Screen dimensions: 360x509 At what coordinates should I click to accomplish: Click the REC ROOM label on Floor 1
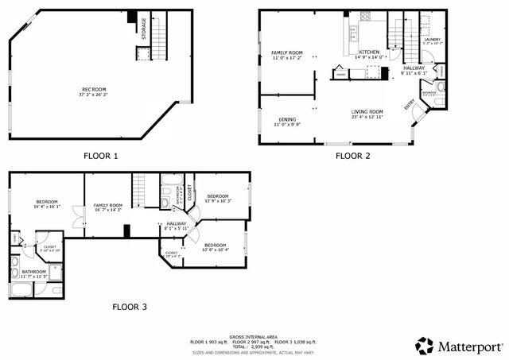point(94,89)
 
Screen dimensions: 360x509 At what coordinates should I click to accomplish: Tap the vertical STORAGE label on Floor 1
point(144,29)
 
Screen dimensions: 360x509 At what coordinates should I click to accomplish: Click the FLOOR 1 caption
point(100,156)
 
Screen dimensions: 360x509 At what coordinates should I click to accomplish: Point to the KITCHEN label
point(370,52)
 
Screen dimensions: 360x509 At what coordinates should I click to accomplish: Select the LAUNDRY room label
point(433,39)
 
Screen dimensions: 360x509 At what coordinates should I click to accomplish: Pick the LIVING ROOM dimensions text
point(367,117)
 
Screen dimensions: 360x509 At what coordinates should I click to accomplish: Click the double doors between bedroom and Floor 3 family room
point(76,215)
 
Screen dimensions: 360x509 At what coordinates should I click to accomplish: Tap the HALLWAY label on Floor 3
point(177,224)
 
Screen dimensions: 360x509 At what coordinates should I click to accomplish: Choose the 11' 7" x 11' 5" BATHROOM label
point(33,273)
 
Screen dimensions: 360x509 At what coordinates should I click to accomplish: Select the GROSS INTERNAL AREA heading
point(253,336)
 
